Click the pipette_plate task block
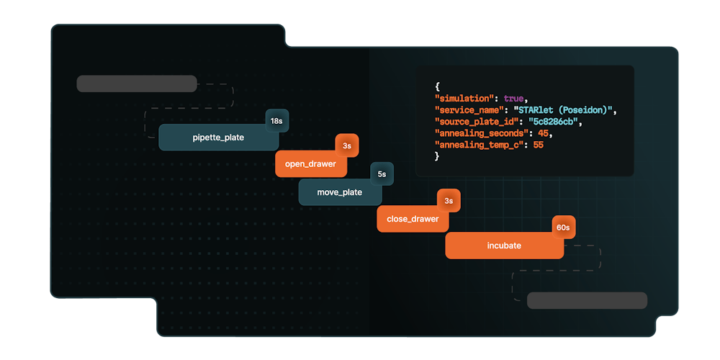(x=218, y=138)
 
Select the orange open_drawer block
(x=310, y=164)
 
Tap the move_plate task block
(x=339, y=192)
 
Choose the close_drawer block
(x=412, y=219)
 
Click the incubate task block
(x=503, y=246)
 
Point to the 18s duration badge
(x=276, y=121)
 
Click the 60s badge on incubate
(x=563, y=228)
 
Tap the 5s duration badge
(x=382, y=174)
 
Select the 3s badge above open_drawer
(x=346, y=146)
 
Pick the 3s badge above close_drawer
(x=449, y=201)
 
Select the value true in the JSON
(x=514, y=98)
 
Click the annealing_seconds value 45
(x=544, y=133)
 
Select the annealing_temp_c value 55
(x=539, y=145)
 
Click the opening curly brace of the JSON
(x=437, y=86)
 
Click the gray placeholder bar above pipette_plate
(x=137, y=84)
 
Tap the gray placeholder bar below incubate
(x=587, y=300)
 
